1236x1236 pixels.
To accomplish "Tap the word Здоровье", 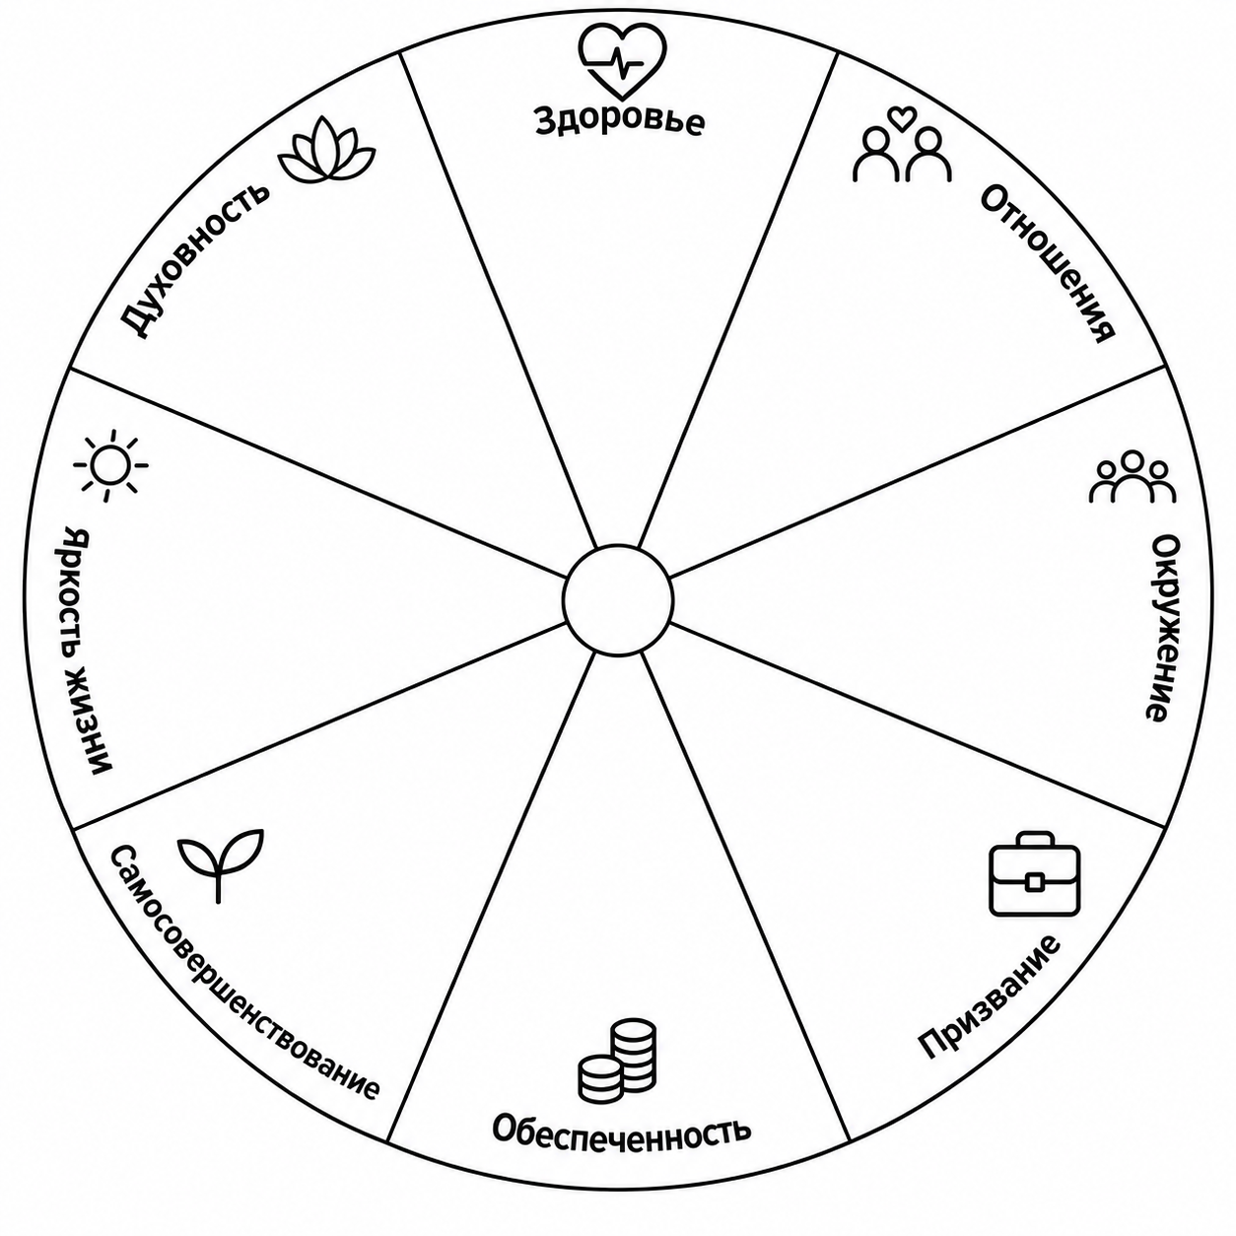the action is point(620,121).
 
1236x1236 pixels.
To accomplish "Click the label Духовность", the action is point(195,260).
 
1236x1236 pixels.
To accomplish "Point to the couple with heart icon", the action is point(902,145).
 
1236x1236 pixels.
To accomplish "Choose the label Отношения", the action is point(1047,263).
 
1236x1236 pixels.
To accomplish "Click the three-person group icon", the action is point(1133,477).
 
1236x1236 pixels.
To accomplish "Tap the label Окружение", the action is point(1162,628).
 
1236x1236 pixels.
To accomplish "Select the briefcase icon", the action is point(1035,873).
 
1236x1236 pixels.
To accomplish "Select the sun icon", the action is point(110,465).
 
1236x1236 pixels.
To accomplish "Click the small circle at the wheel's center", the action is point(618,599).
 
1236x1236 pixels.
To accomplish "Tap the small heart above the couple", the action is point(902,118).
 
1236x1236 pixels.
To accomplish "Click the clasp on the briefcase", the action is point(1033,882).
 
